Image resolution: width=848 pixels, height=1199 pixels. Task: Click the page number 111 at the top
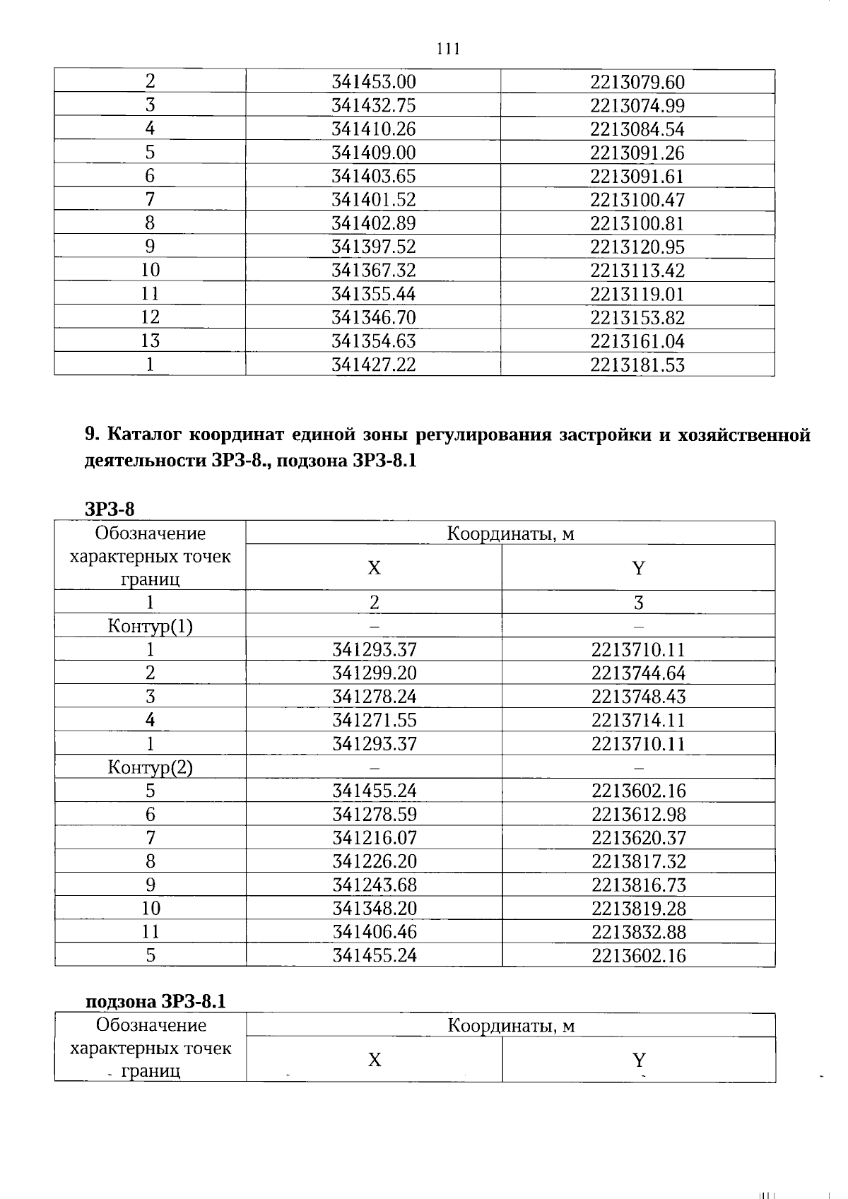click(x=448, y=49)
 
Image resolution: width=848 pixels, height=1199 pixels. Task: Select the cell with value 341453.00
click(x=374, y=82)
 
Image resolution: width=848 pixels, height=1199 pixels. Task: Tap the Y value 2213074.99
click(x=637, y=106)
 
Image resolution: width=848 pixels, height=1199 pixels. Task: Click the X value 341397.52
click(x=374, y=247)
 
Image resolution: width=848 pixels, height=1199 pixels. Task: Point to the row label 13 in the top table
click(x=150, y=341)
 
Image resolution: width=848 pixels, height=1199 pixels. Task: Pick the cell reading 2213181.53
click(x=637, y=365)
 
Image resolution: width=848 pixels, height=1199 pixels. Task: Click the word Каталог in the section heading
click(x=146, y=435)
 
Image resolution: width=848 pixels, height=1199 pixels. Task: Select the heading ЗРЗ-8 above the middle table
click(x=110, y=509)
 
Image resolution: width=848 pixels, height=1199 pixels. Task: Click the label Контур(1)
click(x=150, y=626)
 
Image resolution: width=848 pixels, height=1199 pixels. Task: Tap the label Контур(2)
click(x=150, y=767)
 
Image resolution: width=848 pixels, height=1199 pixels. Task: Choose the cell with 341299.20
click(x=375, y=673)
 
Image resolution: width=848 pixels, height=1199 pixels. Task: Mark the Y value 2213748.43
click(x=638, y=697)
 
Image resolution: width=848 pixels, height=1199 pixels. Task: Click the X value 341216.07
click(x=375, y=838)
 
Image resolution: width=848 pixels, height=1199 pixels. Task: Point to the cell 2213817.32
click(x=638, y=861)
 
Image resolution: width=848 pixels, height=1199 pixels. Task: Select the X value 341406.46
click(x=375, y=932)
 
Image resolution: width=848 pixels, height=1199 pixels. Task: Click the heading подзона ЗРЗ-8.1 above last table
click(x=155, y=1001)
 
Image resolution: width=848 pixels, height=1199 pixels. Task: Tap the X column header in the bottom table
click(x=375, y=1060)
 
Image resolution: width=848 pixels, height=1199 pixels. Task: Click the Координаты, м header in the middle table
click(x=510, y=533)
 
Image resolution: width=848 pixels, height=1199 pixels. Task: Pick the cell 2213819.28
click(x=638, y=909)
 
